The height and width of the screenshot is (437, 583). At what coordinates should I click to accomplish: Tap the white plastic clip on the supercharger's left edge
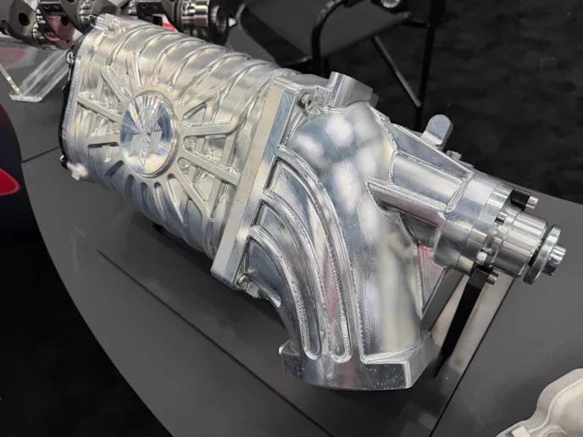point(75,170)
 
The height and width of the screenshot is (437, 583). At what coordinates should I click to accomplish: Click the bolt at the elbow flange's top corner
point(303,99)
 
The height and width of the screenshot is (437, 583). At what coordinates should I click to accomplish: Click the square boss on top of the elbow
point(337,86)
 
